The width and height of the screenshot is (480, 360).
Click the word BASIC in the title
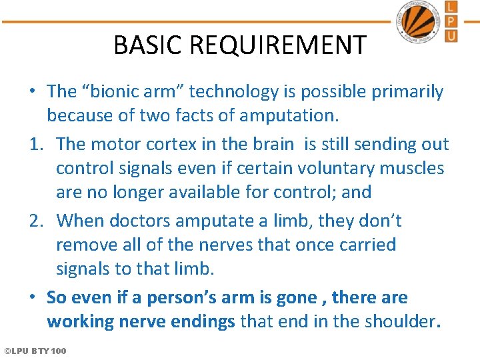click(148, 45)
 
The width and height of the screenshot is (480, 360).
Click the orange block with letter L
click(451, 8)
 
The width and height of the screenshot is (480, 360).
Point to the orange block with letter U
click(451, 35)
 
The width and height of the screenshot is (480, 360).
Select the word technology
click(219, 91)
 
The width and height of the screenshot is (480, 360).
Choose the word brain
click(270, 144)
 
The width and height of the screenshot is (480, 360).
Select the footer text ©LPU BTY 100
click(35, 351)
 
